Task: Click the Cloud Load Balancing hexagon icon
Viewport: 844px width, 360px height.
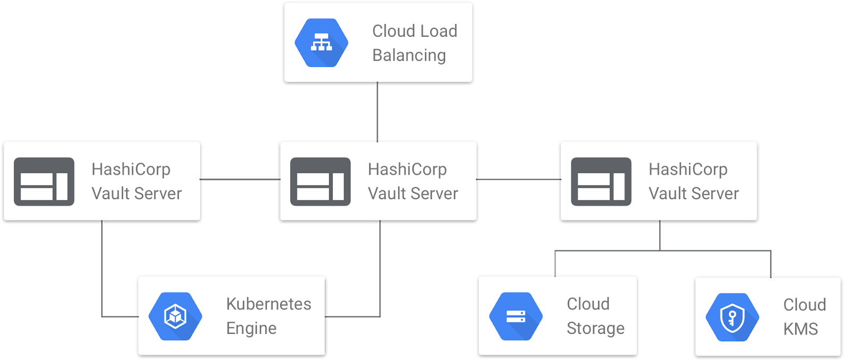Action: pos(322,43)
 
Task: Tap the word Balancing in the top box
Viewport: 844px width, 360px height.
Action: pos(409,55)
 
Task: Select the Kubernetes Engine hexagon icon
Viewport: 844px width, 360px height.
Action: pos(175,316)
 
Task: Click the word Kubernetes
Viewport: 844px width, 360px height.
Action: pos(268,304)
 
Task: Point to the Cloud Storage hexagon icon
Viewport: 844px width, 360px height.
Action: pos(515,316)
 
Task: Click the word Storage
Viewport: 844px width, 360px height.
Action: pos(595,329)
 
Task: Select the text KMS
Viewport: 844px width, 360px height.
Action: pos(800,329)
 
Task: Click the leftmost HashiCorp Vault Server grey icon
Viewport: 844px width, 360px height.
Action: pos(44,181)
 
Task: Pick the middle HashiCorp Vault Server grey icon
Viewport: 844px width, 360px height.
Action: pos(320,181)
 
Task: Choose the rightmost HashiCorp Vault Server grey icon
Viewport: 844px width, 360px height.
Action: pos(601,181)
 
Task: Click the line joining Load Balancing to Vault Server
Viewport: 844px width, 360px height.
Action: pos(378,112)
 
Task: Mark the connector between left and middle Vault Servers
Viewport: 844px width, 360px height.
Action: pos(240,179)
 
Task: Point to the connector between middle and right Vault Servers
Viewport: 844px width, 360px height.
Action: pos(518,179)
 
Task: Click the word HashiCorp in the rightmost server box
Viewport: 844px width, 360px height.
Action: pos(687,169)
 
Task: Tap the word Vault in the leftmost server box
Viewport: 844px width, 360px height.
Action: pos(110,193)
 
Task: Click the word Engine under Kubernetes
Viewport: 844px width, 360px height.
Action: pos(251,329)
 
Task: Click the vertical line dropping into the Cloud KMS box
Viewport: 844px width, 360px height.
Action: pos(771,264)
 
